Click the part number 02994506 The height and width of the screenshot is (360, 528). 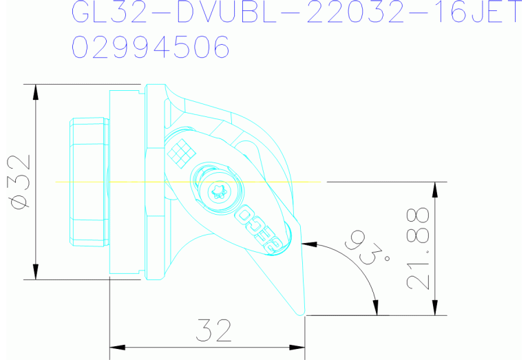point(151,47)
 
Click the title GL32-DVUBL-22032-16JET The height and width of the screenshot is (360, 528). point(296,12)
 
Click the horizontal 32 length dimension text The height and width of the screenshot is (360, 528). point(212,331)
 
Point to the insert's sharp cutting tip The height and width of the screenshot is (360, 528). point(304,315)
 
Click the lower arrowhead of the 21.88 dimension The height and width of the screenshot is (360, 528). point(436,310)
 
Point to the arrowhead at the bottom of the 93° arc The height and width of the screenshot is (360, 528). point(376,311)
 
